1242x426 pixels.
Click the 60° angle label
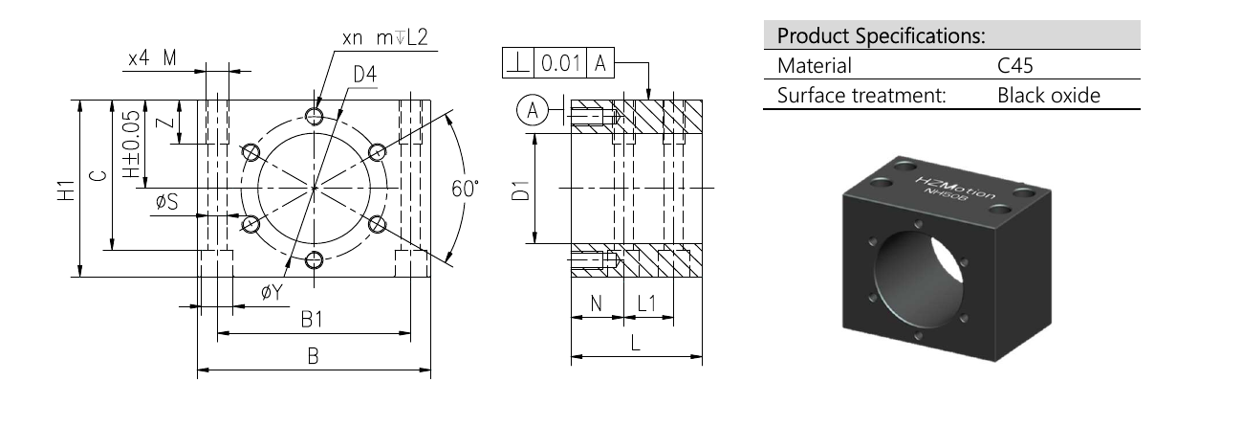[465, 189]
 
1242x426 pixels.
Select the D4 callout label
[365, 75]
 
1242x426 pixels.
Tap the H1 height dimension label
[67, 191]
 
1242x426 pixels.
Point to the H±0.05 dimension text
[131, 145]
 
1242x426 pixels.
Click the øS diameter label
[167, 202]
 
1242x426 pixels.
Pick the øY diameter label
[272, 292]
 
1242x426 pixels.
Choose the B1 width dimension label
[312, 320]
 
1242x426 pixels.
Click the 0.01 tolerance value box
[560, 63]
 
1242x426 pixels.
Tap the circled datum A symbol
[533, 110]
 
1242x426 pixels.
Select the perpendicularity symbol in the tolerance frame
[518, 63]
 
